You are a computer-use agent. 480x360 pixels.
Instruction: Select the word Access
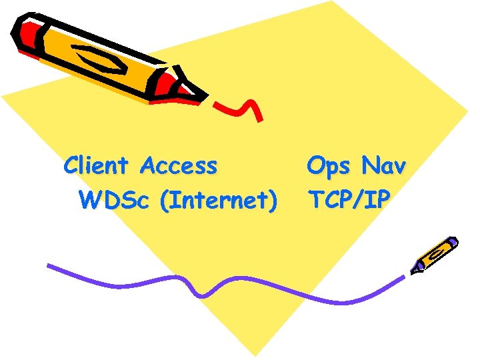click(x=179, y=165)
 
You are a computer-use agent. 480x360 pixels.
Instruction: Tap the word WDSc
click(x=114, y=199)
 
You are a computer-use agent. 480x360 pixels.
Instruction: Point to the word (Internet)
click(x=218, y=200)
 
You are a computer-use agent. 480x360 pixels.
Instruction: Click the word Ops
click(x=327, y=166)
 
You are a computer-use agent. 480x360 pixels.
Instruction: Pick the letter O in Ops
click(x=315, y=165)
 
